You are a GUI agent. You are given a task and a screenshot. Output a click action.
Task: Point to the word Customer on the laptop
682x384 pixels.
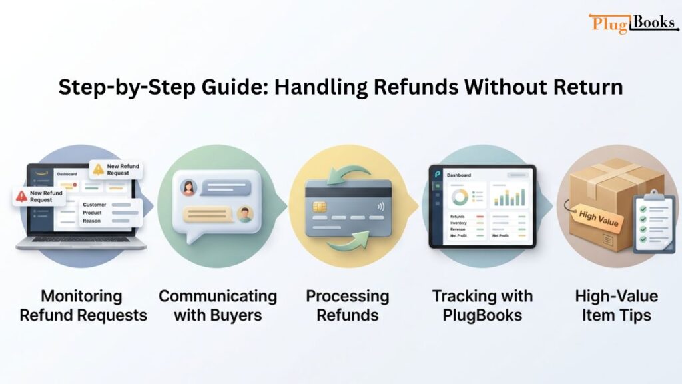pyautogui.click(x=94, y=204)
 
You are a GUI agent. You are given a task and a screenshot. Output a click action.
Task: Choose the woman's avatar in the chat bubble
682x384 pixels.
pyautogui.click(x=188, y=188)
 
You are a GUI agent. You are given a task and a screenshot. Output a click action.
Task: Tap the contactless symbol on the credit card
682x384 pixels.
pyautogui.click(x=380, y=206)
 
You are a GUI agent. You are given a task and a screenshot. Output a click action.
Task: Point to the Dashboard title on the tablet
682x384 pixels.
pyautogui.click(x=458, y=175)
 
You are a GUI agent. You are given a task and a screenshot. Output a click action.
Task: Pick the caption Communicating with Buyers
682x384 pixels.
pyautogui.click(x=217, y=305)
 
